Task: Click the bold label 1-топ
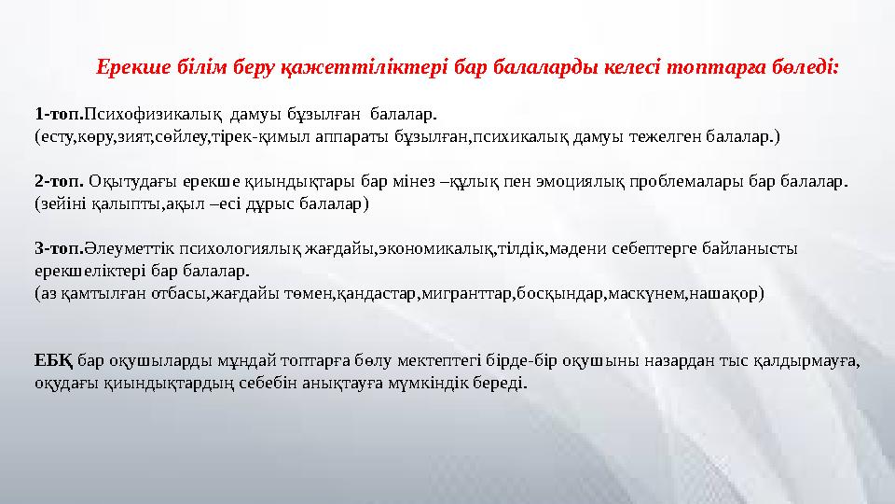[58, 115]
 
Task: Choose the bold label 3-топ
[58, 248]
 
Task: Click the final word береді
[501, 383]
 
